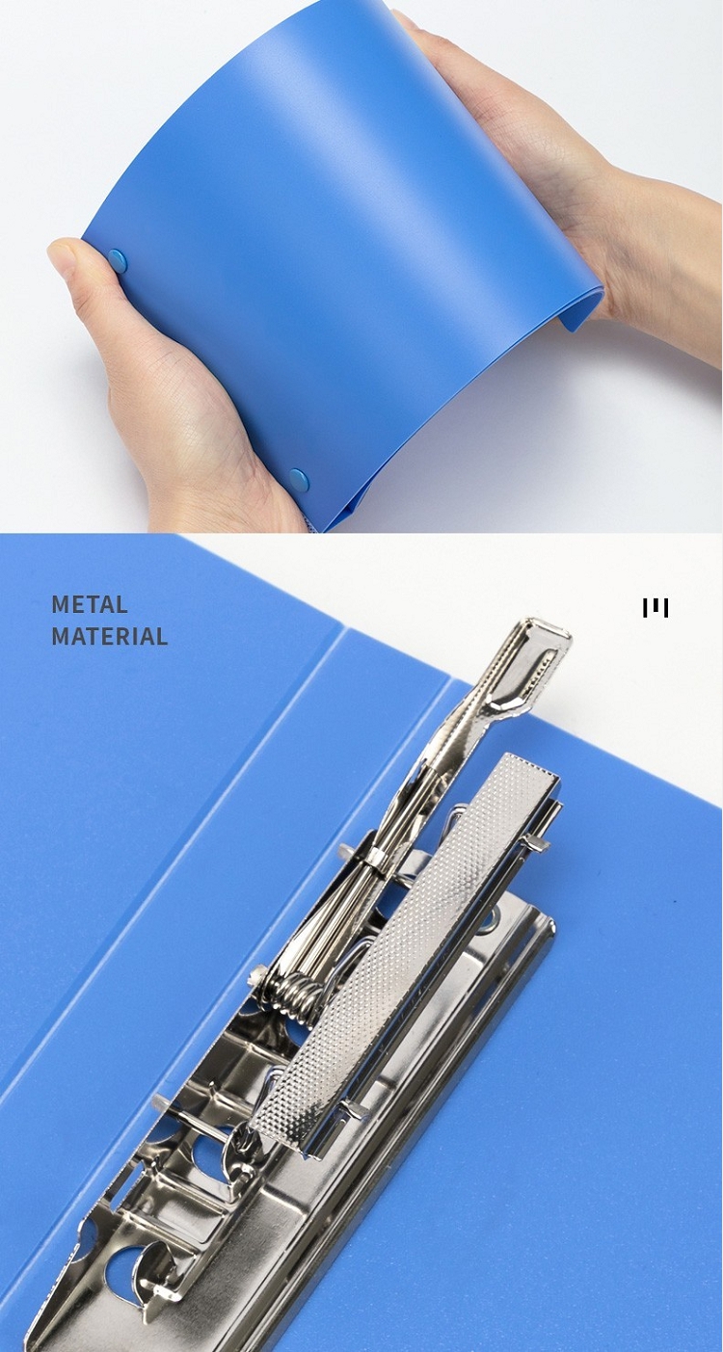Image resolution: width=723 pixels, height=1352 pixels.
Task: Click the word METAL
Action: (x=90, y=604)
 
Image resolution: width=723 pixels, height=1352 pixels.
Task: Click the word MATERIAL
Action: (x=109, y=636)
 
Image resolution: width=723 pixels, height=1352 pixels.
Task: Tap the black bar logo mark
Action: (x=656, y=608)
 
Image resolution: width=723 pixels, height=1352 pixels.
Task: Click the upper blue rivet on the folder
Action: (x=118, y=261)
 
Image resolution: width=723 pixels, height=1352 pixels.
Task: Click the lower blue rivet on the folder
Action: (x=299, y=480)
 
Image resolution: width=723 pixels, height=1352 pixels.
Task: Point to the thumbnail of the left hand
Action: (x=63, y=257)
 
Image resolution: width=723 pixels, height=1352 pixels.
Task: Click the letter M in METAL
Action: (x=60, y=604)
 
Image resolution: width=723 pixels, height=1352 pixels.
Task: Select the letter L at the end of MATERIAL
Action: (x=161, y=636)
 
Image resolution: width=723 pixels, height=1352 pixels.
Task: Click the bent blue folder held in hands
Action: (x=338, y=242)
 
